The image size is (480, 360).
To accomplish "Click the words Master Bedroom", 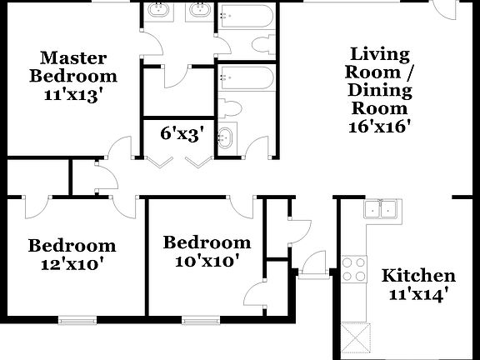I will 73,67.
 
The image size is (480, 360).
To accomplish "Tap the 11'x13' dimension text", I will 73,94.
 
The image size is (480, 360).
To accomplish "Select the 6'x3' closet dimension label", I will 181,133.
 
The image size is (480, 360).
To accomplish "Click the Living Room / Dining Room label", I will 379,81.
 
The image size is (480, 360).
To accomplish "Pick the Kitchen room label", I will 418,276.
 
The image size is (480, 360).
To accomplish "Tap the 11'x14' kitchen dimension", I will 418,294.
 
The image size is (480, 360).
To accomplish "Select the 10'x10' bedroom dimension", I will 207,261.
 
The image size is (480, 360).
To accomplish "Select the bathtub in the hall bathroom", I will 246,79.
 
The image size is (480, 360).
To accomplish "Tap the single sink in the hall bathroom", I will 225,138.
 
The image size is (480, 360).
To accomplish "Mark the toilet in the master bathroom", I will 266,45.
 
